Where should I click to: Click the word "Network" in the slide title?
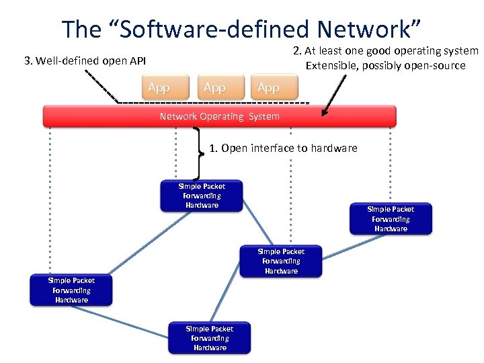click(x=362, y=29)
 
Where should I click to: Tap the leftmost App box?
click(x=159, y=88)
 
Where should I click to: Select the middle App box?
click(x=215, y=88)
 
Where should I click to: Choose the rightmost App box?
click(x=269, y=88)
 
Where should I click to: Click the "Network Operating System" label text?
click(x=219, y=116)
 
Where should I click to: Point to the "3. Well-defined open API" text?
click(x=85, y=61)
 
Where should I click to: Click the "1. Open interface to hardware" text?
click(x=283, y=148)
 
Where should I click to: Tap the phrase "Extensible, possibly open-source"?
click(x=385, y=65)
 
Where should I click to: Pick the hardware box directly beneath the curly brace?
click(x=202, y=196)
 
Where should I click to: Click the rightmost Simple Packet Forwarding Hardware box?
click(x=391, y=219)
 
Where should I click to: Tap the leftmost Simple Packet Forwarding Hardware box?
click(x=71, y=290)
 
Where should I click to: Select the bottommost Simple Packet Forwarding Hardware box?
click(x=210, y=338)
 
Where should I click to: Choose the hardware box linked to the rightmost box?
click(x=281, y=261)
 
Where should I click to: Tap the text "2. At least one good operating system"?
click(x=385, y=51)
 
